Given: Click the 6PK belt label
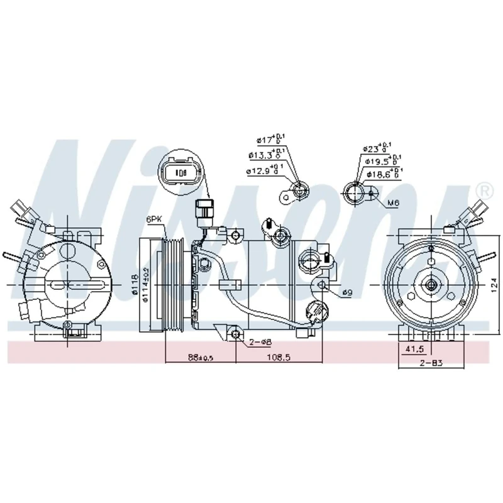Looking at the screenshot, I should point(153,219).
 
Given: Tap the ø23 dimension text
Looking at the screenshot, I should point(377,148).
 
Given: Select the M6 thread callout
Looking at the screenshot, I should point(394,202).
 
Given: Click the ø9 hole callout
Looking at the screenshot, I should point(348,293).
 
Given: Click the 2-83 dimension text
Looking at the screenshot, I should point(432,363).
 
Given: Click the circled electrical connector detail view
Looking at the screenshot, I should point(181,173).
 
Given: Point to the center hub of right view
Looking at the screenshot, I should point(432,284).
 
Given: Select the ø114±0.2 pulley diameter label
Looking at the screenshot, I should point(145,287).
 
